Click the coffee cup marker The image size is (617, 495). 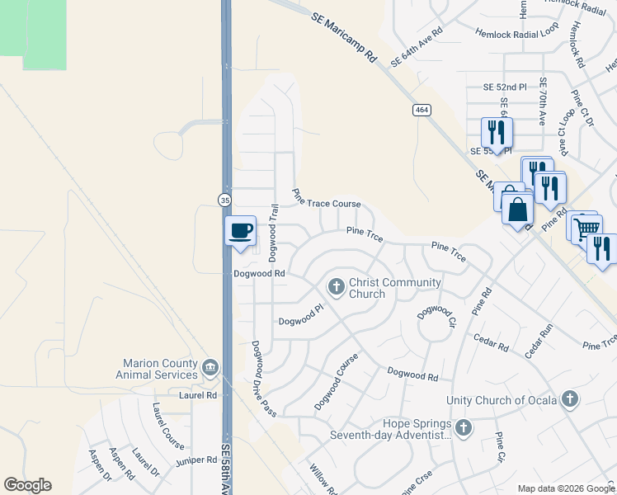click(x=240, y=231)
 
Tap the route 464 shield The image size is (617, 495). click(x=421, y=110)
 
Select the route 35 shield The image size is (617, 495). click(x=224, y=200)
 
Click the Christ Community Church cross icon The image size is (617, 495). click(x=336, y=287)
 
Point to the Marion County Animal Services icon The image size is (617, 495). click(x=210, y=366)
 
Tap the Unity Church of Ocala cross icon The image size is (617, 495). click(x=568, y=400)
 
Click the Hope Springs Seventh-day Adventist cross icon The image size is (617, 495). click(x=464, y=427)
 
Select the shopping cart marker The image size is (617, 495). click(x=586, y=228)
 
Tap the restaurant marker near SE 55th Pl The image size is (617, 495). click(x=497, y=132)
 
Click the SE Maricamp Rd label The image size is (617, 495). click(x=344, y=38)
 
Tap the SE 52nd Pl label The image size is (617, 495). click(x=505, y=87)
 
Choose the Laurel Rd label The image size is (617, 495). click(x=198, y=395)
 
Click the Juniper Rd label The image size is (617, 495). click(x=195, y=460)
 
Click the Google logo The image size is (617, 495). click(x=27, y=485)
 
